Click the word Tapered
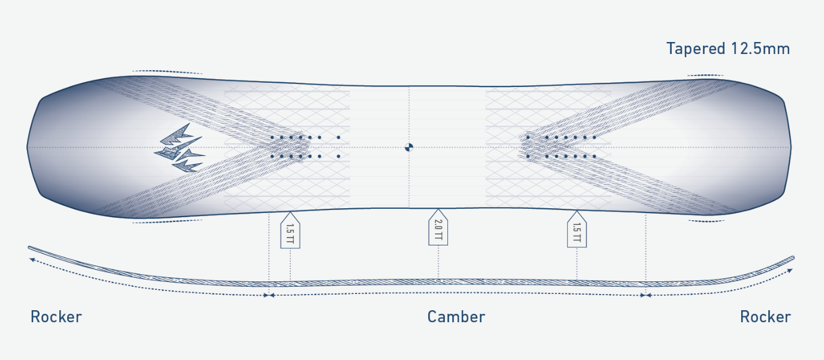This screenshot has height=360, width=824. pyautogui.click(x=696, y=49)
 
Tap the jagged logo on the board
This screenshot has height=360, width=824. pyautogui.click(x=180, y=148)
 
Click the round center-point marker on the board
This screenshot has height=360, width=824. pyautogui.click(x=409, y=148)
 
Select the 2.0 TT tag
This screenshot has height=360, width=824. pyautogui.click(x=438, y=228)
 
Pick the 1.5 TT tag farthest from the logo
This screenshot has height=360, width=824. pyautogui.click(x=577, y=230)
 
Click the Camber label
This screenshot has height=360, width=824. pyautogui.click(x=456, y=317)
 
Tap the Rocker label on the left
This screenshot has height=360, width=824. pyautogui.click(x=56, y=317)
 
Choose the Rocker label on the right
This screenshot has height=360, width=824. pyautogui.click(x=765, y=317)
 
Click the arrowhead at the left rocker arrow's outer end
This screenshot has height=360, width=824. pyautogui.click(x=32, y=260)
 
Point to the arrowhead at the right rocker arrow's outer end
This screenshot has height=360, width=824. pyautogui.click(x=790, y=271)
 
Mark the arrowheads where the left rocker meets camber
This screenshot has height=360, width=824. pyautogui.click(x=269, y=295)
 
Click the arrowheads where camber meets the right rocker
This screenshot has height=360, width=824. pyautogui.click(x=646, y=295)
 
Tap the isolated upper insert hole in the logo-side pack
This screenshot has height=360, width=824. pyautogui.click(x=338, y=137)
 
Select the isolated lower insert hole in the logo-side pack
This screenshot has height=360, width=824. pyautogui.click(x=338, y=157)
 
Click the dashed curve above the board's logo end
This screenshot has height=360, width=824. pyautogui.click(x=167, y=71)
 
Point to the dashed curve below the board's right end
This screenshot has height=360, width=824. pyautogui.click(x=706, y=221)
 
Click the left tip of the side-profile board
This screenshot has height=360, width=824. pyautogui.click(x=29, y=248)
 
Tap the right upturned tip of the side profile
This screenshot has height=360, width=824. pyautogui.click(x=793, y=257)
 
